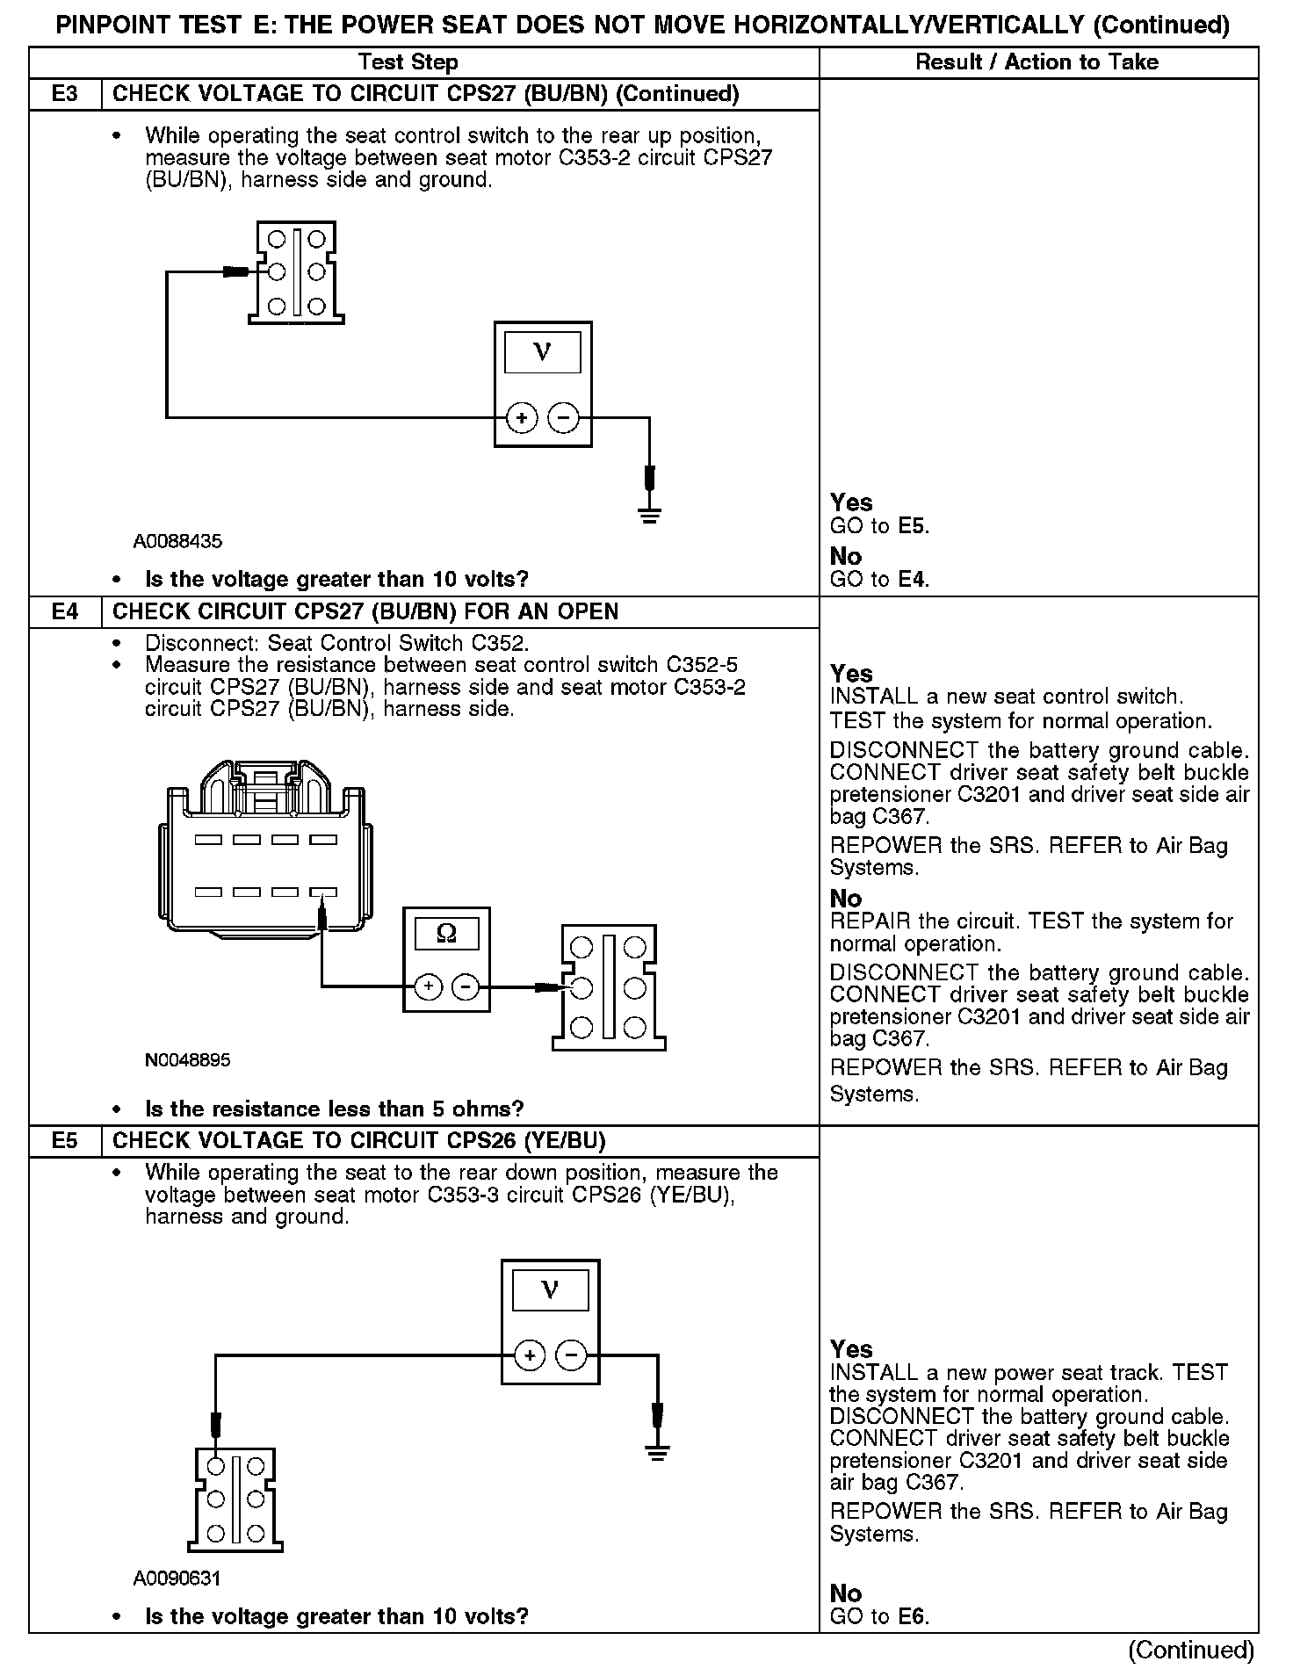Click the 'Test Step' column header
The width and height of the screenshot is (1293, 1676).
tap(408, 62)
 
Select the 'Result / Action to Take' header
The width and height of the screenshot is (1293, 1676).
tap(1037, 62)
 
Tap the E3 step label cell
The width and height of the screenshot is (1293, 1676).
tap(65, 94)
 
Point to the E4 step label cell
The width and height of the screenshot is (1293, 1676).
tap(65, 611)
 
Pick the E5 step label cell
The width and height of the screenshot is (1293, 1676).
tap(65, 1141)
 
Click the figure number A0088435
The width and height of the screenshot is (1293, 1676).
tap(177, 541)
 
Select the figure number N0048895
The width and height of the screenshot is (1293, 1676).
tap(188, 1060)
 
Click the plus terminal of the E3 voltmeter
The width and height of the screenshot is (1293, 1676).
tap(522, 418)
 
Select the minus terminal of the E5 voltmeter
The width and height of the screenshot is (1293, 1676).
tap(572, 1356)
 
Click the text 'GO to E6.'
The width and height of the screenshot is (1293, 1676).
tap(879, 1616)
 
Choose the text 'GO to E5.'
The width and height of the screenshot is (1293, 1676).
tap(879, 526)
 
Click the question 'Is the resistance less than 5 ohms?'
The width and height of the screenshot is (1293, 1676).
tap(334, 1109)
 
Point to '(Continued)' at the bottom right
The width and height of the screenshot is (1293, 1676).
tap(1190, 1650)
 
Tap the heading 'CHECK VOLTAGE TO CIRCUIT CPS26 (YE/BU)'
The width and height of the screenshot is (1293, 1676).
tap(359, 1141)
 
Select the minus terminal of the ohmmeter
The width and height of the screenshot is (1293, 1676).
tap(466, 988)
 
